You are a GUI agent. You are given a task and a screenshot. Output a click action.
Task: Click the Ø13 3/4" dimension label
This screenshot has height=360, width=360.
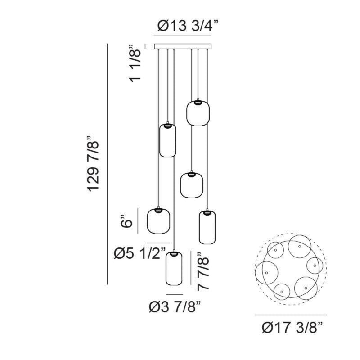[188, 26]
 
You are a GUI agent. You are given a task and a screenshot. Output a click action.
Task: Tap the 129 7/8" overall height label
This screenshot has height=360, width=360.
[93, 164]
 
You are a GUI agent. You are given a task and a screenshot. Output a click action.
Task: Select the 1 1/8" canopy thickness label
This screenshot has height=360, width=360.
[135, 63]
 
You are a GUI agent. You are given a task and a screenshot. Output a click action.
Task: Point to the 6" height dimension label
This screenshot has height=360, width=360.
[126, 221]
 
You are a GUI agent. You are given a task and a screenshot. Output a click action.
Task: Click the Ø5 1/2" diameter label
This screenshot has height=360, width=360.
[139, 254]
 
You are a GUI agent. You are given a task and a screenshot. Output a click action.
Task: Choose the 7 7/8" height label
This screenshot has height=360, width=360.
[203, 271]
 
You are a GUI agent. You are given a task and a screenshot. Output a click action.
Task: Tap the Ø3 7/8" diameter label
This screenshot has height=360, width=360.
[175, 307]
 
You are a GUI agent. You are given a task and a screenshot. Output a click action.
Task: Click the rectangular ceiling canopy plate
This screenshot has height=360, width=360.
[183, 46]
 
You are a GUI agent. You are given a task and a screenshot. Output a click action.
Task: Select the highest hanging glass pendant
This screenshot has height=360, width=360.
[198, 113]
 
